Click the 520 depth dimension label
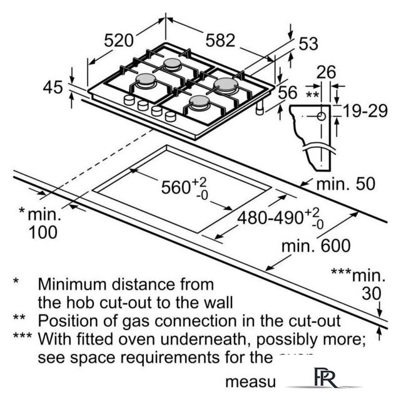[119, 41]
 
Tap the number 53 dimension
[308, 44]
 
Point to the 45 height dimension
[53, 87]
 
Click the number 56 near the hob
[287, 93]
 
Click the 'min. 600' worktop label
[315, 246]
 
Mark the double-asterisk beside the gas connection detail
[312, 95]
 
